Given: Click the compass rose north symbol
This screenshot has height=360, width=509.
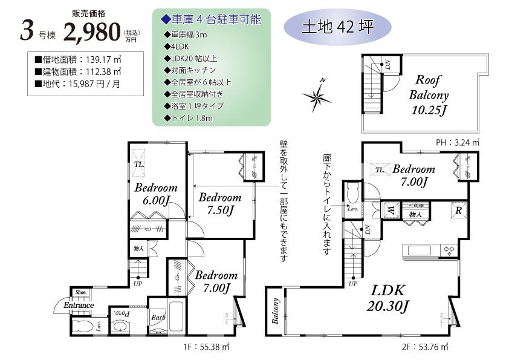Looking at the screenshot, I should coord(317,96).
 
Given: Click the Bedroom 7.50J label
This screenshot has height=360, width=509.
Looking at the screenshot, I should coord(219,203).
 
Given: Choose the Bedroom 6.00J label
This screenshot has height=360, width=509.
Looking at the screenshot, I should coord(155,193).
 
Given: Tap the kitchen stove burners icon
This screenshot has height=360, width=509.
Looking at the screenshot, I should coord(449,249).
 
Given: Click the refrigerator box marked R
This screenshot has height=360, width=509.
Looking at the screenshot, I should coord(459,210).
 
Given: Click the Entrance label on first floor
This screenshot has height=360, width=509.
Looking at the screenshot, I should coord(78,305).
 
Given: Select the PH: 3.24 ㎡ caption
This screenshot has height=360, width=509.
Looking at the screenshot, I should coord(457,142).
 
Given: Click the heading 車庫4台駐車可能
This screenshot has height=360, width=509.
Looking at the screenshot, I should coord(211,19).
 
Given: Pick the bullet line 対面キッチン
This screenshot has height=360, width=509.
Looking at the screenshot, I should coord(189,70).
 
